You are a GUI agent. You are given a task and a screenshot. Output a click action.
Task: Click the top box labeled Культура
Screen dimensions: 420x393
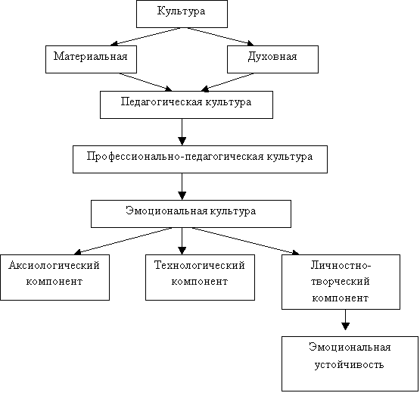click(x=182, y=14)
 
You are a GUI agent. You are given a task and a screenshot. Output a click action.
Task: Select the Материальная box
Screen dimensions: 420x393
click(x=91, y=59)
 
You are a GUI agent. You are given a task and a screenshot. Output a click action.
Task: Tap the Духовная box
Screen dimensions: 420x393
click(x=272, y=59)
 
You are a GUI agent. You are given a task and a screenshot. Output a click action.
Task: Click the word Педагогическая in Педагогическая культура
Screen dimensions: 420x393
click(x=161, y=102)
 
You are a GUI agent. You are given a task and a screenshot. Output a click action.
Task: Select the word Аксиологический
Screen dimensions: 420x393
click(x=54, y=265)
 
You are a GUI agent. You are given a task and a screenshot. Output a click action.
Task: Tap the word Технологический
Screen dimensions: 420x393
click(x=200, y=265)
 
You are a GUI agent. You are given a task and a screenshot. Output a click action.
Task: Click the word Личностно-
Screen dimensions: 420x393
click(x=341, y=265)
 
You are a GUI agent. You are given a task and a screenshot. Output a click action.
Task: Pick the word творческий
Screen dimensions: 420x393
click(x=341, y=282)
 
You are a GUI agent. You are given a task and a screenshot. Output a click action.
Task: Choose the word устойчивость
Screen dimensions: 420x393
click(x=350, y=365)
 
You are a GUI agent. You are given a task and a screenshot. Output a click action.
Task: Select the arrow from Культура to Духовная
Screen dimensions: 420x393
click(x=220, y=36)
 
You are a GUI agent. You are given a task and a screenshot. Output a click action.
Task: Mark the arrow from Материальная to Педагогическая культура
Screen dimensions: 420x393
click(x=146, y=82)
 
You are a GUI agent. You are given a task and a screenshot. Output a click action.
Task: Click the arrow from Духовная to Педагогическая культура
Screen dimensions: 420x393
click(x=228, y=82)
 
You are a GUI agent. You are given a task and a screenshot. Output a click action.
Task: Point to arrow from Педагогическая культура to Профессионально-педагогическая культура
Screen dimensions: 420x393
click(x=182, y=132)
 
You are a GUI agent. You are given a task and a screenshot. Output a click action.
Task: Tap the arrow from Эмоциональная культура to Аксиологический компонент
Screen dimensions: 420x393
click(x=123, y=241)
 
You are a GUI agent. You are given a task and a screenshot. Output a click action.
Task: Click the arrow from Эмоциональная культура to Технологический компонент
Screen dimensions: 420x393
click(x=182, y=241)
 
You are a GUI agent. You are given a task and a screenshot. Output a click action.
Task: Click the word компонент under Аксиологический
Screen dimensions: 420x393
click(x=54, y=282)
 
